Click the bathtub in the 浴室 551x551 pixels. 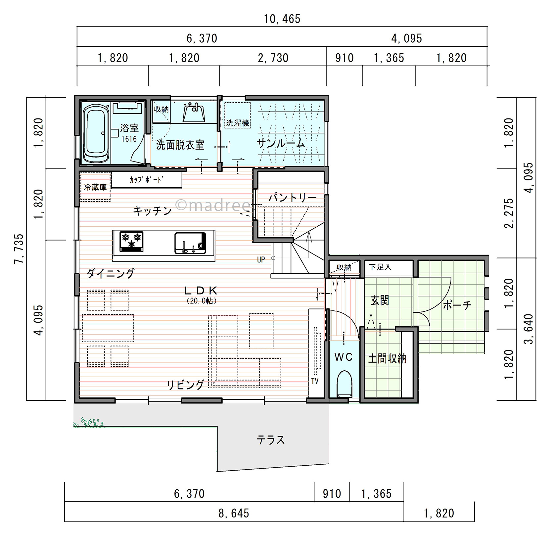click(x=96, y=134)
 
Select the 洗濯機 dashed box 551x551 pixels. click(x=237, y=115)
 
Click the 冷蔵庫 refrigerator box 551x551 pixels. click(x=95, y=187)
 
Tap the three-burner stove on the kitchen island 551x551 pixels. click(x=131, y=241)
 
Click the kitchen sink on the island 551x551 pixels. click(x=190, y=243)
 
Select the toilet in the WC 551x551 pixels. click(x=344, y=384)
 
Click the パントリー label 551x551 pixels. click(x=293, y=198)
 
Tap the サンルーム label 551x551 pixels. click(x=281, y=143)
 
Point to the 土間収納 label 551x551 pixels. click(x=387, y=359)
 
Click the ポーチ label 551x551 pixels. click(x=457, y=305)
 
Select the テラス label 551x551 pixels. click(x=271, y=440)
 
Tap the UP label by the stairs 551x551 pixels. click(x=261, y=260)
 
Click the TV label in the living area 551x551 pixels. click(x=315, y=381)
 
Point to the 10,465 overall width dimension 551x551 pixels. click(x=282, y=19)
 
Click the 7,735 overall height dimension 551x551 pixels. click(x=19, y=249)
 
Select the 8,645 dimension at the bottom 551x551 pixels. click(x=234, y=513)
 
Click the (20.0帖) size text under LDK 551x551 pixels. click(x=202, y=301)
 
